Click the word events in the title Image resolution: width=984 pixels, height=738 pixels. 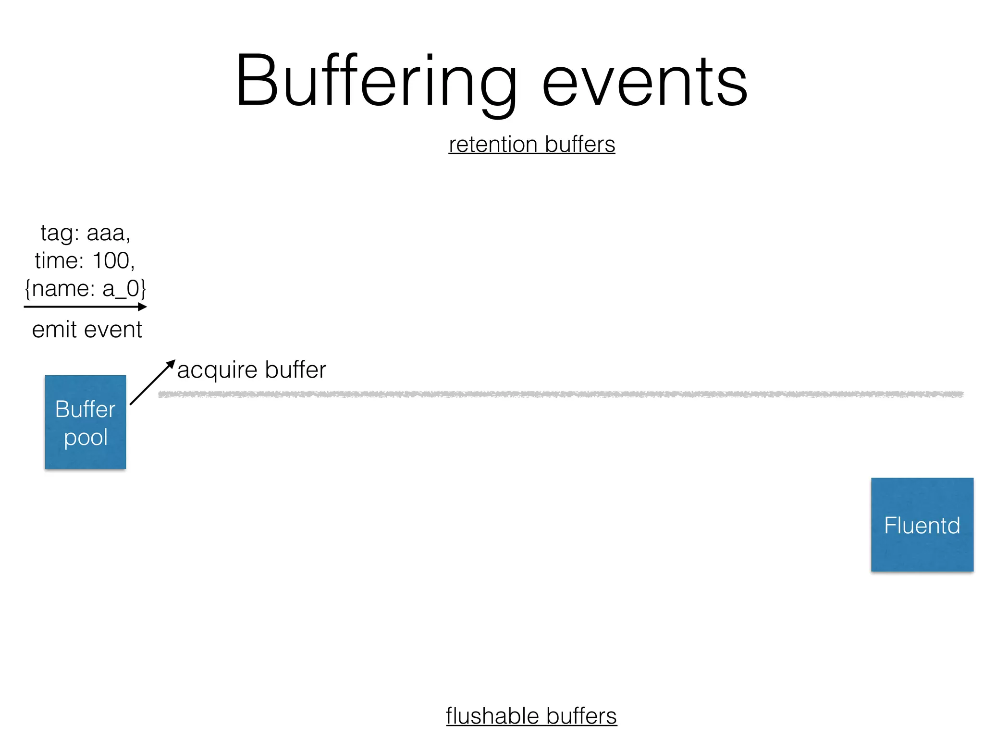tap(644, 82)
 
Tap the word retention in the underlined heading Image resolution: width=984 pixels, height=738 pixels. tap(492, 144)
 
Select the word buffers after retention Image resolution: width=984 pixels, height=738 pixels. tap(580, 144)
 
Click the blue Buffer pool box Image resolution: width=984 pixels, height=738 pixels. tap(86, 422)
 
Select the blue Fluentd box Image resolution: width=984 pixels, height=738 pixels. tap(922, 525)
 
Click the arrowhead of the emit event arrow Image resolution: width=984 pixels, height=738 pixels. tap(143, 307)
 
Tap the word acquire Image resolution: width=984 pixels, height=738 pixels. tap(217, 370)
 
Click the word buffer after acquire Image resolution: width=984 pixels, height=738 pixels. tap(295, 369)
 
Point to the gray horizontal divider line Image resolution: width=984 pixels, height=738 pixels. tap(560, 394)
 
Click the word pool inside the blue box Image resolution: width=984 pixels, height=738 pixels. tap(86, 438)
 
